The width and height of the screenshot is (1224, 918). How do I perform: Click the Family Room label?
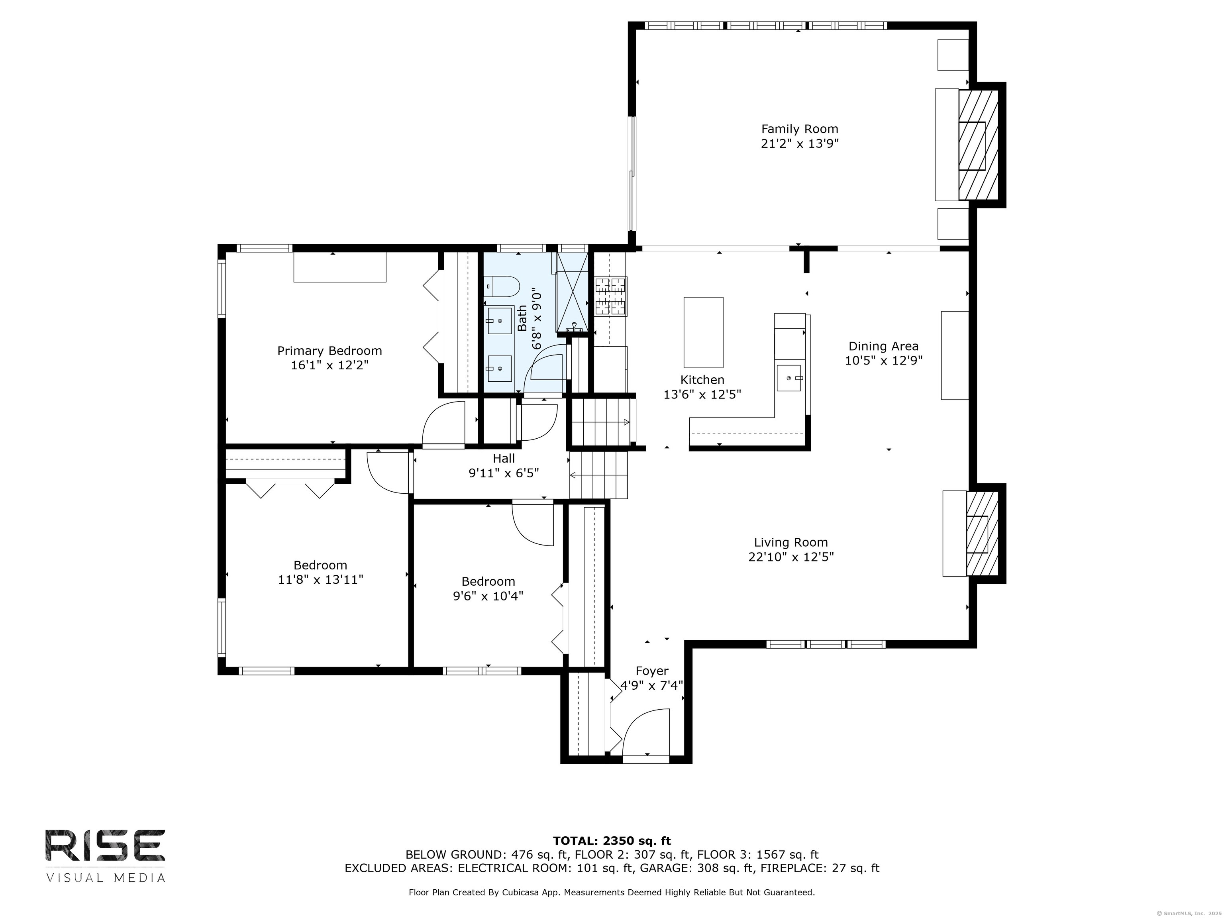[x=800, y=129]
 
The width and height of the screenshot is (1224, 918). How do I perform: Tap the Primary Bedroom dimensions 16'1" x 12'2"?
[x=330, y=365]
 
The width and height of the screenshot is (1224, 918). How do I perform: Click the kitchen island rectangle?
[x=703, y=332]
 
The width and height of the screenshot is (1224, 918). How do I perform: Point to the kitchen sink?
[x=789, y=378]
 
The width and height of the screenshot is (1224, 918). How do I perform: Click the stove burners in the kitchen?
[x=611, y=296]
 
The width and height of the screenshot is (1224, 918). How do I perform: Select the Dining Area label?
[x=884, y=346]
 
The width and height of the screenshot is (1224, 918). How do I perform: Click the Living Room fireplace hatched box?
[x=982, y=534]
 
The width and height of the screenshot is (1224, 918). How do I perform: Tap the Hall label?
[x=504, y=458]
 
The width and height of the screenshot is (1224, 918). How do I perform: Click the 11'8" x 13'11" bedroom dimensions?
[x=320, y=580]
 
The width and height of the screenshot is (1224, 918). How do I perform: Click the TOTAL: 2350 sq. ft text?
[x=612, y=841]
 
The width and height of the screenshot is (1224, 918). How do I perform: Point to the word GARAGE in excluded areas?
[x=665, y=868]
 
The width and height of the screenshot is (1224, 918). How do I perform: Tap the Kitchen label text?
[x=702, y=380]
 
